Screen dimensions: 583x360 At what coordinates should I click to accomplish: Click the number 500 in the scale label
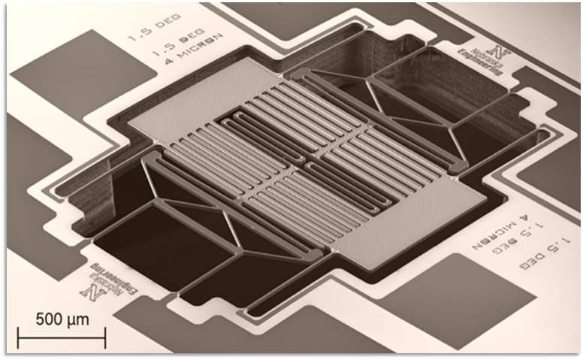tap(51, 319)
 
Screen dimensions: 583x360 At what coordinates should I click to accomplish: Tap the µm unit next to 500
tap(78, 319)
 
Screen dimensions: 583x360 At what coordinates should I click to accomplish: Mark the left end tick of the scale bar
tap(19, 337)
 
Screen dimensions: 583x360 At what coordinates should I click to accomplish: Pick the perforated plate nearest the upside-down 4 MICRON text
tap(421, 218)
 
